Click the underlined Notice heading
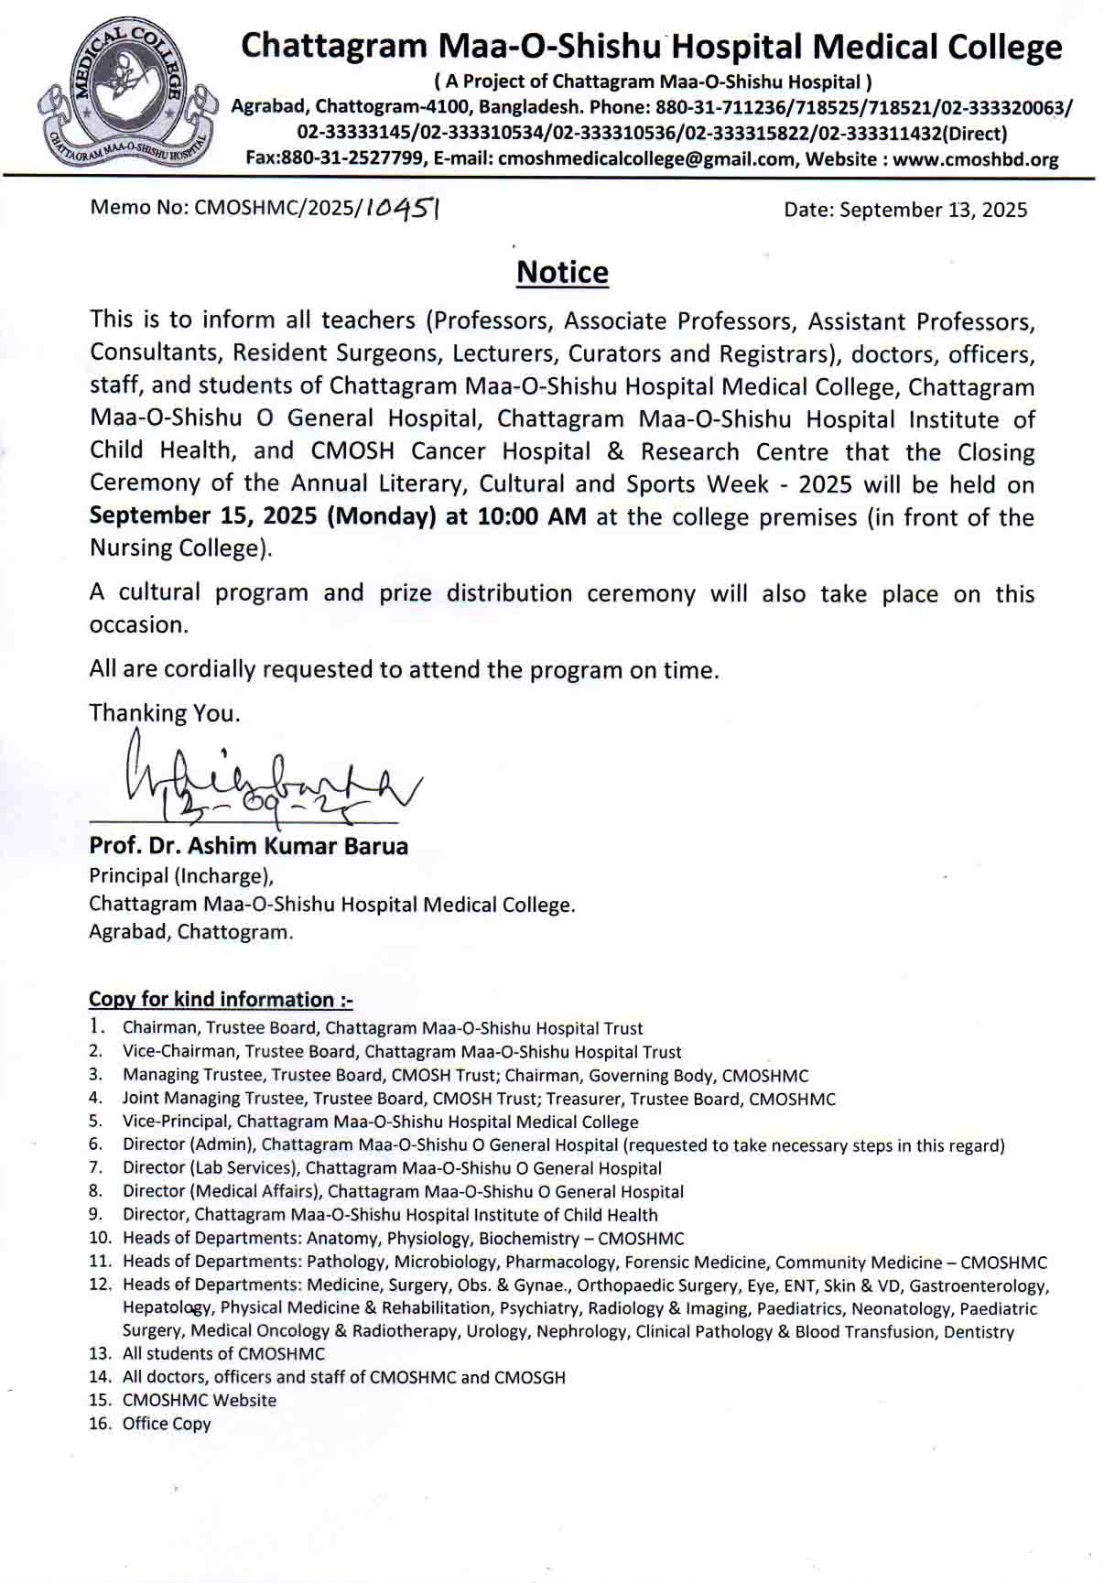(x=562, y=273)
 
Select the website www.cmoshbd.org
(x=976, y=159)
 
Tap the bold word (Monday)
(x=382, y=517)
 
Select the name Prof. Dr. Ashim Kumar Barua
(x=248, y=846)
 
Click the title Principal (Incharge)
(x=181, y=876)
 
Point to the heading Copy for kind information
(x=221, y=999)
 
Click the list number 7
(x=95, y=1168)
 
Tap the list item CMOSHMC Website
(x=200, y=1401)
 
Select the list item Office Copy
(x=167, y=1424)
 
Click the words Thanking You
(x=165, y=713)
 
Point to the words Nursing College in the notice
(x=180, y=548)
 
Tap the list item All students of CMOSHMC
(x=223, y=1354)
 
